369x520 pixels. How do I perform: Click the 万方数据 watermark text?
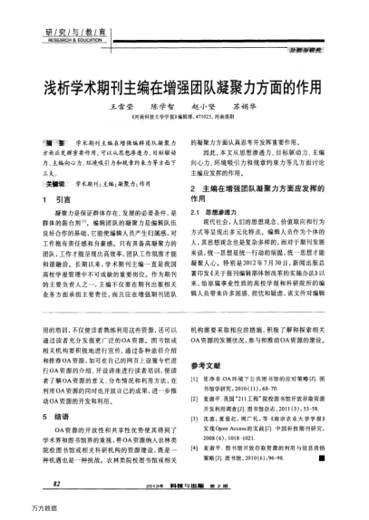(20, 510)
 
